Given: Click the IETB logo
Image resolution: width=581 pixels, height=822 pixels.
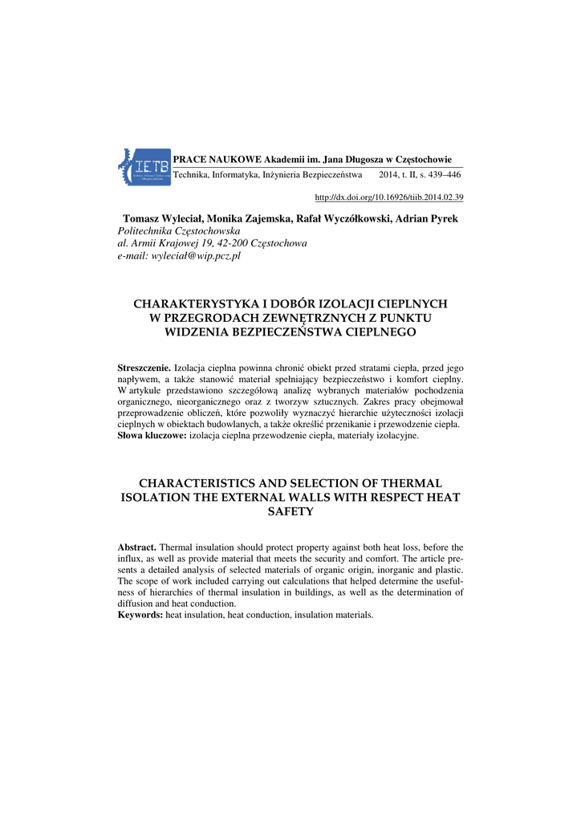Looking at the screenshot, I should click(144, 167).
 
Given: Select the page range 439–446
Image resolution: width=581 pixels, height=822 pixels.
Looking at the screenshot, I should click(442, 174).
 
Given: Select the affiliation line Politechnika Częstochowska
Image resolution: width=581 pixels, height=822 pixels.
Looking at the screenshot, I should click(173, 231).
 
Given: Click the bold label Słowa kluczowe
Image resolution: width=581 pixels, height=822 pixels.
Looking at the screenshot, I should click(152, 435).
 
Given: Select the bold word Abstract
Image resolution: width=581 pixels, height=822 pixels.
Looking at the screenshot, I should click(138, 547).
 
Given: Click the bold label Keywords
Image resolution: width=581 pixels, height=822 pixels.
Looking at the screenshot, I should click(140, 615).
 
